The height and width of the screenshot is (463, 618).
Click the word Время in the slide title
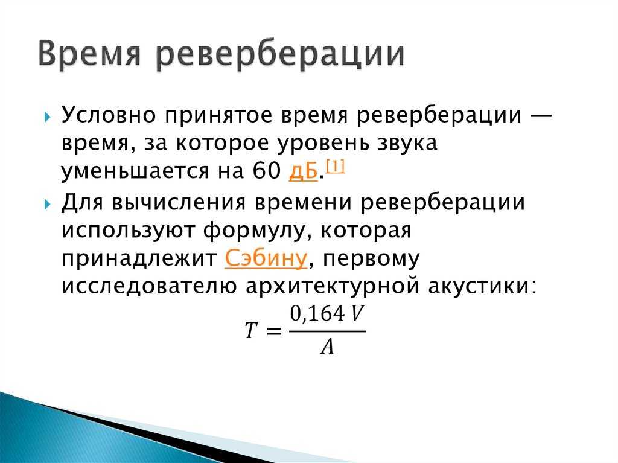(x=89, y=54)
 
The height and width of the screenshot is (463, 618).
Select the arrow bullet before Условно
(x=47, y=117)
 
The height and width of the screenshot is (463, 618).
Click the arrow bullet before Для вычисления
(x=47, y=204)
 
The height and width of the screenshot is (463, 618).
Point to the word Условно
(x=109, y=115)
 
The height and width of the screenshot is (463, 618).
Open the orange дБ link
(x=303, y=171)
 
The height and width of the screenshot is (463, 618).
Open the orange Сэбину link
(x=266, y=259)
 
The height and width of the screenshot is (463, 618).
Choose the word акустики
(x=482, y=286)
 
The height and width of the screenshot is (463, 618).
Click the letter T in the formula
(x=251, y=330)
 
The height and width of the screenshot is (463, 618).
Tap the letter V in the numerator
(x=357, y=313)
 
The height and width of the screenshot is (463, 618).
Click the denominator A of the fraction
(x=327, y=346)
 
